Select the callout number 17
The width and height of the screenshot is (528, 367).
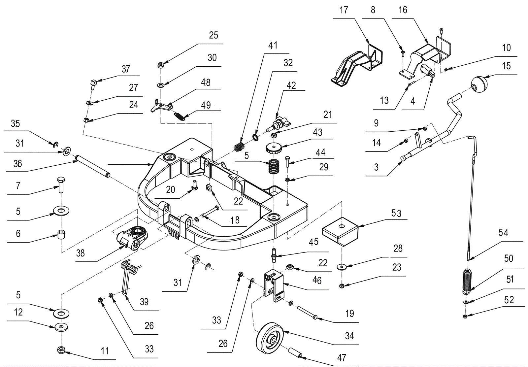pyautogui.click(x=344, y=10)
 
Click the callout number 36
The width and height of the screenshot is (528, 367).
pyautogui.click(x=17, y=164)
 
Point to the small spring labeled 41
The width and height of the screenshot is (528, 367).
pyautogui.click(x=239, y=147)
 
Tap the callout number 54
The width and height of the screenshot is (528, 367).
pyautogui.click(x=503, y=233)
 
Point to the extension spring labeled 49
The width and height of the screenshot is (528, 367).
pyautogui.click(x=180, y=117)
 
